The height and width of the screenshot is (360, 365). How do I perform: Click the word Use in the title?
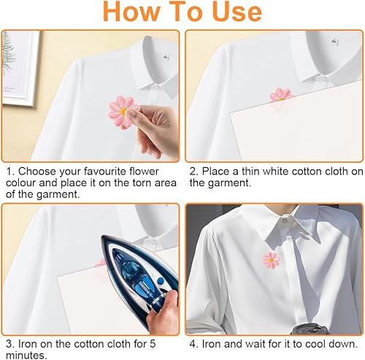tap(237, 12)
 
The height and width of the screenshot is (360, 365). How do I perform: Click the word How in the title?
tap(131, 12)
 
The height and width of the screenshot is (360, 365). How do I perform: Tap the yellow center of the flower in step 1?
tap(123, 111)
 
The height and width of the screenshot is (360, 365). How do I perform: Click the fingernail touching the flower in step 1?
tap(131, 112)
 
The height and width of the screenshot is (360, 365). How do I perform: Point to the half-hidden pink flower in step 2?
tap(282, 95)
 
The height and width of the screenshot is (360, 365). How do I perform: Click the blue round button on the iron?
tap(160, 281)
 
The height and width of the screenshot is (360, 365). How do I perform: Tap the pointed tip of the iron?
tap(102, 236)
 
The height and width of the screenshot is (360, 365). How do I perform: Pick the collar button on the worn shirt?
tap(285, 221)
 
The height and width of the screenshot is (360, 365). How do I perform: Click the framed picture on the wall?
tap(20, 68)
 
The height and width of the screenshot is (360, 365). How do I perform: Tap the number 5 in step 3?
tap(153, 344)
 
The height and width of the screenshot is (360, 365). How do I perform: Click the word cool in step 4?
tap(315, 344)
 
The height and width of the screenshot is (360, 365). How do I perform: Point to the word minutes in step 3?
tap(26, 355)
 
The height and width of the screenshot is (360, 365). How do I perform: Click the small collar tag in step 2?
tap(334, 41)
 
